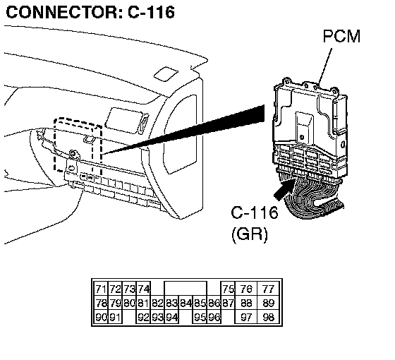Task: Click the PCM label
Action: click(341, 36)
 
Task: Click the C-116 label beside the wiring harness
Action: click(255, 212)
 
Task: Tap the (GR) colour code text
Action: click(250, 234)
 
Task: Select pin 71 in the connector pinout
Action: click(101, 289)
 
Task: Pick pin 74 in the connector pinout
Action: click(143, 289)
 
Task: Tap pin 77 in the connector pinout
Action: click(268, 289)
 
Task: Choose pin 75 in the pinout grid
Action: click(228, 289)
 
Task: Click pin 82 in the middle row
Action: click(157, 303)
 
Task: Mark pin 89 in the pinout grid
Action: click(268, 303)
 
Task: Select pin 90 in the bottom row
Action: click(101, 317)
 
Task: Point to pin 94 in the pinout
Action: click(171, 317)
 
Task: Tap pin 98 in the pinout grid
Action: click(268, 317)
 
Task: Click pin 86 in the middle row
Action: click(214, 303)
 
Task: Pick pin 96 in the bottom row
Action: click(214, 317)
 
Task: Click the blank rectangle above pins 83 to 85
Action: click(186, 289)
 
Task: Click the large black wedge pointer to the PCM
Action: click(184, 130)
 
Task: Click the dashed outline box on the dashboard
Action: click(78, 145)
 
